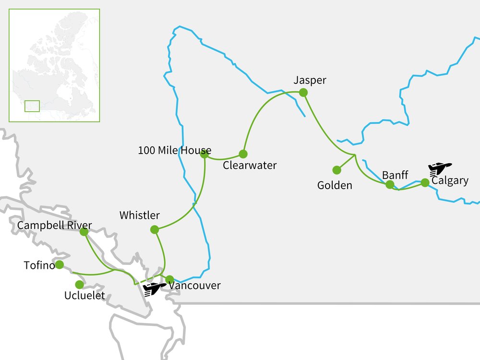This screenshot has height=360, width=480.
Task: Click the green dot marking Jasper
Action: point(303,93)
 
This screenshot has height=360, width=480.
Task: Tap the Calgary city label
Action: point(450,181)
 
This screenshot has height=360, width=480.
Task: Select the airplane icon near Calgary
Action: point(440,168)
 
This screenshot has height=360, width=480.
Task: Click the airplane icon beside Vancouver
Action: point(155,289)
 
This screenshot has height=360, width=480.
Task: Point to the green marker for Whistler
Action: point(155,230)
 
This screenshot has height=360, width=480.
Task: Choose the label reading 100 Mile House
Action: point(174,150)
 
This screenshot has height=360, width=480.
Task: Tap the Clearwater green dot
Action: point(243,154)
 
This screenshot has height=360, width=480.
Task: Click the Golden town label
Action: point(335,185)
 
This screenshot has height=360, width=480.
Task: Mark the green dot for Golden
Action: point(337,170)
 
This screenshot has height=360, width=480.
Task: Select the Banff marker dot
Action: point(390,184)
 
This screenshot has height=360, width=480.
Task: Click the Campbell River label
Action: point(54,225)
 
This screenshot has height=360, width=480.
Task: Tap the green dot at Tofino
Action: point(60,264)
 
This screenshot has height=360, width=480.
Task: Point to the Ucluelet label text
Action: point(85,296)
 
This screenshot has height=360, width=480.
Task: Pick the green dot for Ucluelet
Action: point(79,285)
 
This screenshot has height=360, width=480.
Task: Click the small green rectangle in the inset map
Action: point(32,106)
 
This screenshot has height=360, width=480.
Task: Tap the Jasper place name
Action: point(310,80)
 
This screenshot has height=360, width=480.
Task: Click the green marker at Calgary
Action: point(425,182)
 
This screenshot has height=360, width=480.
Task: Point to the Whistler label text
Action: point(140,215)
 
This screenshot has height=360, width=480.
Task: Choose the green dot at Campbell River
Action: point(84,232)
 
